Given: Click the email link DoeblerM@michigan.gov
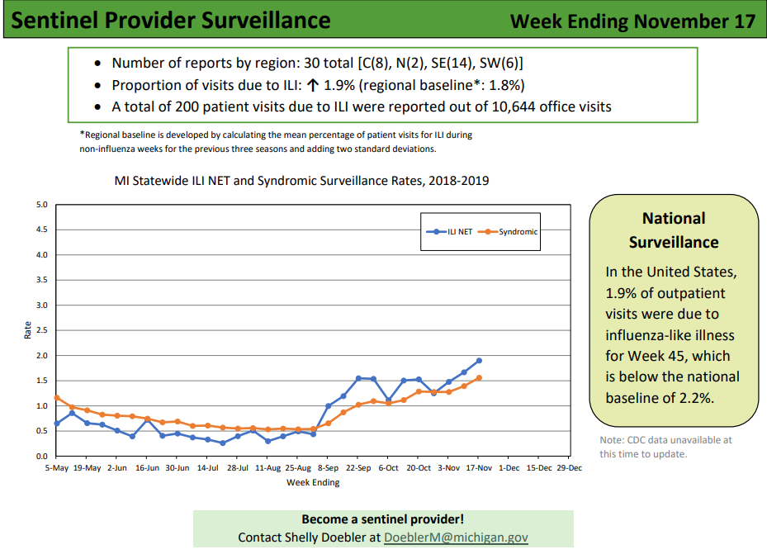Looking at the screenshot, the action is coord(456,537).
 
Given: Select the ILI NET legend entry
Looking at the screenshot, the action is coord(449,232).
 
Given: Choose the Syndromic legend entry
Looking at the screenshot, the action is coord(508,232).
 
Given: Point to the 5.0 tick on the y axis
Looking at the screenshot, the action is coord(42,205).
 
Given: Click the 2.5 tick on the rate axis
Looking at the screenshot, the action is coord(42,330).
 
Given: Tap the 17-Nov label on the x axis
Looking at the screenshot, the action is coord(479,468).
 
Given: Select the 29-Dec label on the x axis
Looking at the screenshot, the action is coord(570,468).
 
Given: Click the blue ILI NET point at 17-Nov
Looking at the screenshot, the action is coord(479,361).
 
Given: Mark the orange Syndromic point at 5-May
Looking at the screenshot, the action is coord(57,397).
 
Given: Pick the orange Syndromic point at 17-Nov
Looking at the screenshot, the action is coord(479,378).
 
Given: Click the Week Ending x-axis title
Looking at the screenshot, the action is coord(313,483).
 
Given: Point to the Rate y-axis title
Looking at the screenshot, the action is coord(27,330).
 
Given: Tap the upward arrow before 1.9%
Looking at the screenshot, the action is coord(313,85).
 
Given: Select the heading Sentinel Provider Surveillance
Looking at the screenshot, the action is coord(171,21).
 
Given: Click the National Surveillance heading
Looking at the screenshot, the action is coord(674,230).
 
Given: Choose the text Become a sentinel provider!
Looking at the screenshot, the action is coord(383,519).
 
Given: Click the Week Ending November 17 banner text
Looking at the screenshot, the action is coord(633,21).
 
